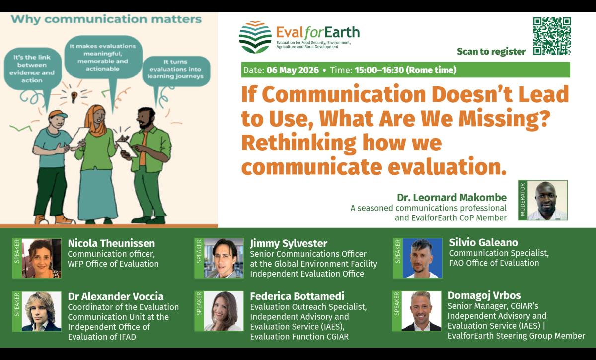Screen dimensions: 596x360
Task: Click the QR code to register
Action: (552, 36)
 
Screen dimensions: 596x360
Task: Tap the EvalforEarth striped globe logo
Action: (255, 37)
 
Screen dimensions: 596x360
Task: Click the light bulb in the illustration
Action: (74, 97)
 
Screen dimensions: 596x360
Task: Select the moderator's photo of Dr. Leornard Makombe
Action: (547, 200)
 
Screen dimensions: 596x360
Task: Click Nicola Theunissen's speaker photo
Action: (42, 258)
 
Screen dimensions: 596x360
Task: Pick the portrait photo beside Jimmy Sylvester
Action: (224, 258)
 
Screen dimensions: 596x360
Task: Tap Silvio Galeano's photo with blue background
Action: (423, 258)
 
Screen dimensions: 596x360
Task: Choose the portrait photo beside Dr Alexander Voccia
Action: (42, 311)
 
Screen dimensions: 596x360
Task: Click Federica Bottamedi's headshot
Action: (224, 311)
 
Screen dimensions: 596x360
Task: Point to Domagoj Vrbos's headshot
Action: (421, 311)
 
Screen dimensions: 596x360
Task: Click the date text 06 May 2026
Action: (293, 70)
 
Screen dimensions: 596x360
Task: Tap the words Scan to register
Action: (491, 51)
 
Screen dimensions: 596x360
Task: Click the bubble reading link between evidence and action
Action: (32, 69)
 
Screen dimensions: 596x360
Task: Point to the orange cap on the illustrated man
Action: (58, 114)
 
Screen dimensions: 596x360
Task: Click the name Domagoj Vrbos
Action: (484, 295)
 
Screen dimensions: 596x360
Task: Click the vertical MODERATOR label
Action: (522, 200)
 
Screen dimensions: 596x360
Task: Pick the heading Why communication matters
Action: (106, 20)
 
